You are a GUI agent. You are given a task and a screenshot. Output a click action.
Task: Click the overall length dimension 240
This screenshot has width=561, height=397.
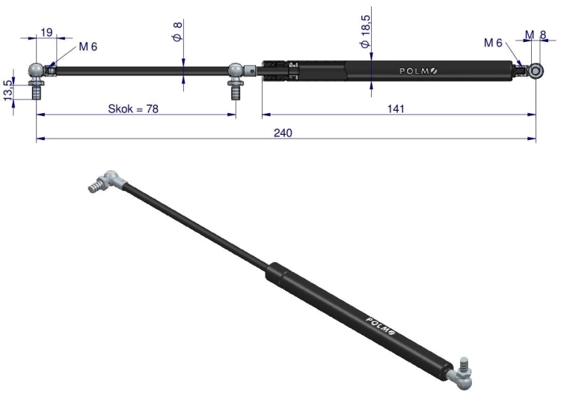(x=283, y=133)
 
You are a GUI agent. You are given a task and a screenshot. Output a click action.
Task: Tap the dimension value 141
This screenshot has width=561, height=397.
(x=396, y=109)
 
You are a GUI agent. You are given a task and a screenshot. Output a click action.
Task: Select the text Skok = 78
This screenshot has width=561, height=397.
(x=133, y=109)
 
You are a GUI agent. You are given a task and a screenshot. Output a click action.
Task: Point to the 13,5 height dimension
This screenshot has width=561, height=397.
(x=8, y=90)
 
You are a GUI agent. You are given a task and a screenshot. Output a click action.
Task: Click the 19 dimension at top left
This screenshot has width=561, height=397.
(x=46, y=32)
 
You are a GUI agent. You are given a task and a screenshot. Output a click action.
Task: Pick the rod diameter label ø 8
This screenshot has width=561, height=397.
(x=177, y=31)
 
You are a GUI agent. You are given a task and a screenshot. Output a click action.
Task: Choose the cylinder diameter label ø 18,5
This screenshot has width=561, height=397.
(x=365, y=31)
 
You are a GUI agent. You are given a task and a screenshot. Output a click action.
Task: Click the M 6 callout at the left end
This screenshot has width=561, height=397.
(x=88, y=46)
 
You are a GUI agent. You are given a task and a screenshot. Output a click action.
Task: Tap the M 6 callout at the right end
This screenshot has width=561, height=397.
(x=493, y=43)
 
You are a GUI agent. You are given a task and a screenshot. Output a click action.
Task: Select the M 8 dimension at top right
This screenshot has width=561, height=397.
(x=536, y=34)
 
